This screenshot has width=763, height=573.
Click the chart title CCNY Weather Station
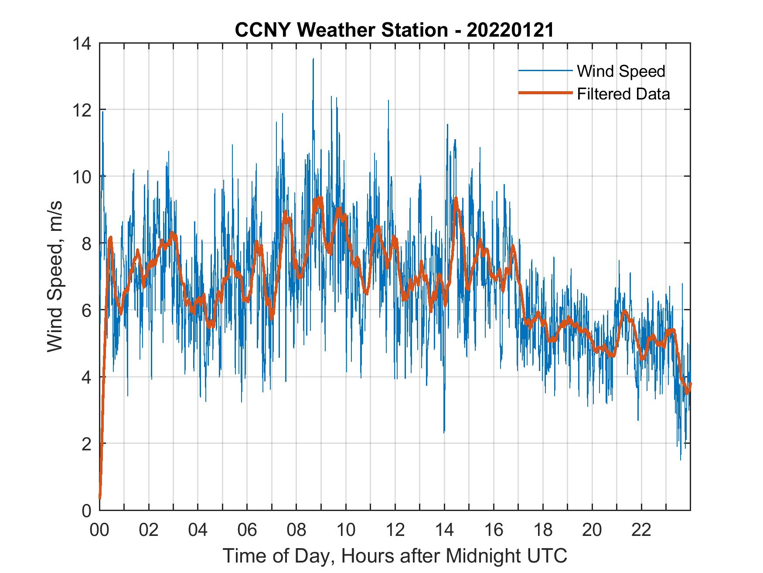point(395,30)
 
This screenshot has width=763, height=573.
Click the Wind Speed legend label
point(621,71)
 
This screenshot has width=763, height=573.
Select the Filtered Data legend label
point(623,94)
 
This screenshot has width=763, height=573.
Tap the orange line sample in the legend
point(545,93)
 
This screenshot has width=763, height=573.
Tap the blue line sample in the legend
point(545,70)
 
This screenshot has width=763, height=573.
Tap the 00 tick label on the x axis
point(99,531)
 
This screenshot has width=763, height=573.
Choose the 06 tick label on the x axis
point(247,531)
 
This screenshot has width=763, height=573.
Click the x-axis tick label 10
point(346,531)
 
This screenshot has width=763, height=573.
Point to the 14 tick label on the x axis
point(444,531)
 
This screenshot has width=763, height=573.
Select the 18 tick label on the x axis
point(543,531)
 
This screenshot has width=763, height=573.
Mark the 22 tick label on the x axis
point(641,531)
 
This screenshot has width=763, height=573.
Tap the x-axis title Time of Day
point(395,556)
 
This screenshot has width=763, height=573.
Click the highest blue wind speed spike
point(313,59)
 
